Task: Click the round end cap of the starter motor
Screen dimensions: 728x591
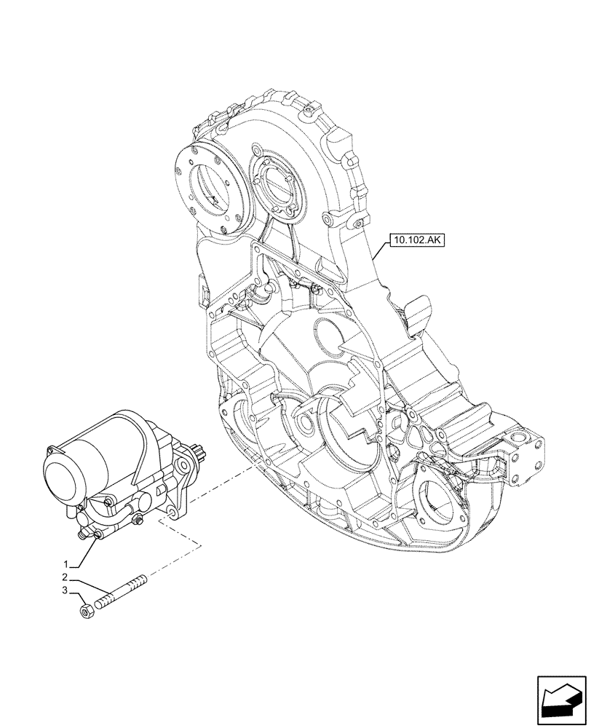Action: [60, 481]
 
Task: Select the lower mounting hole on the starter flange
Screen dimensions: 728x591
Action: [172, 514]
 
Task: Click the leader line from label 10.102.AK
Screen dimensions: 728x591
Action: [378, 252]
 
